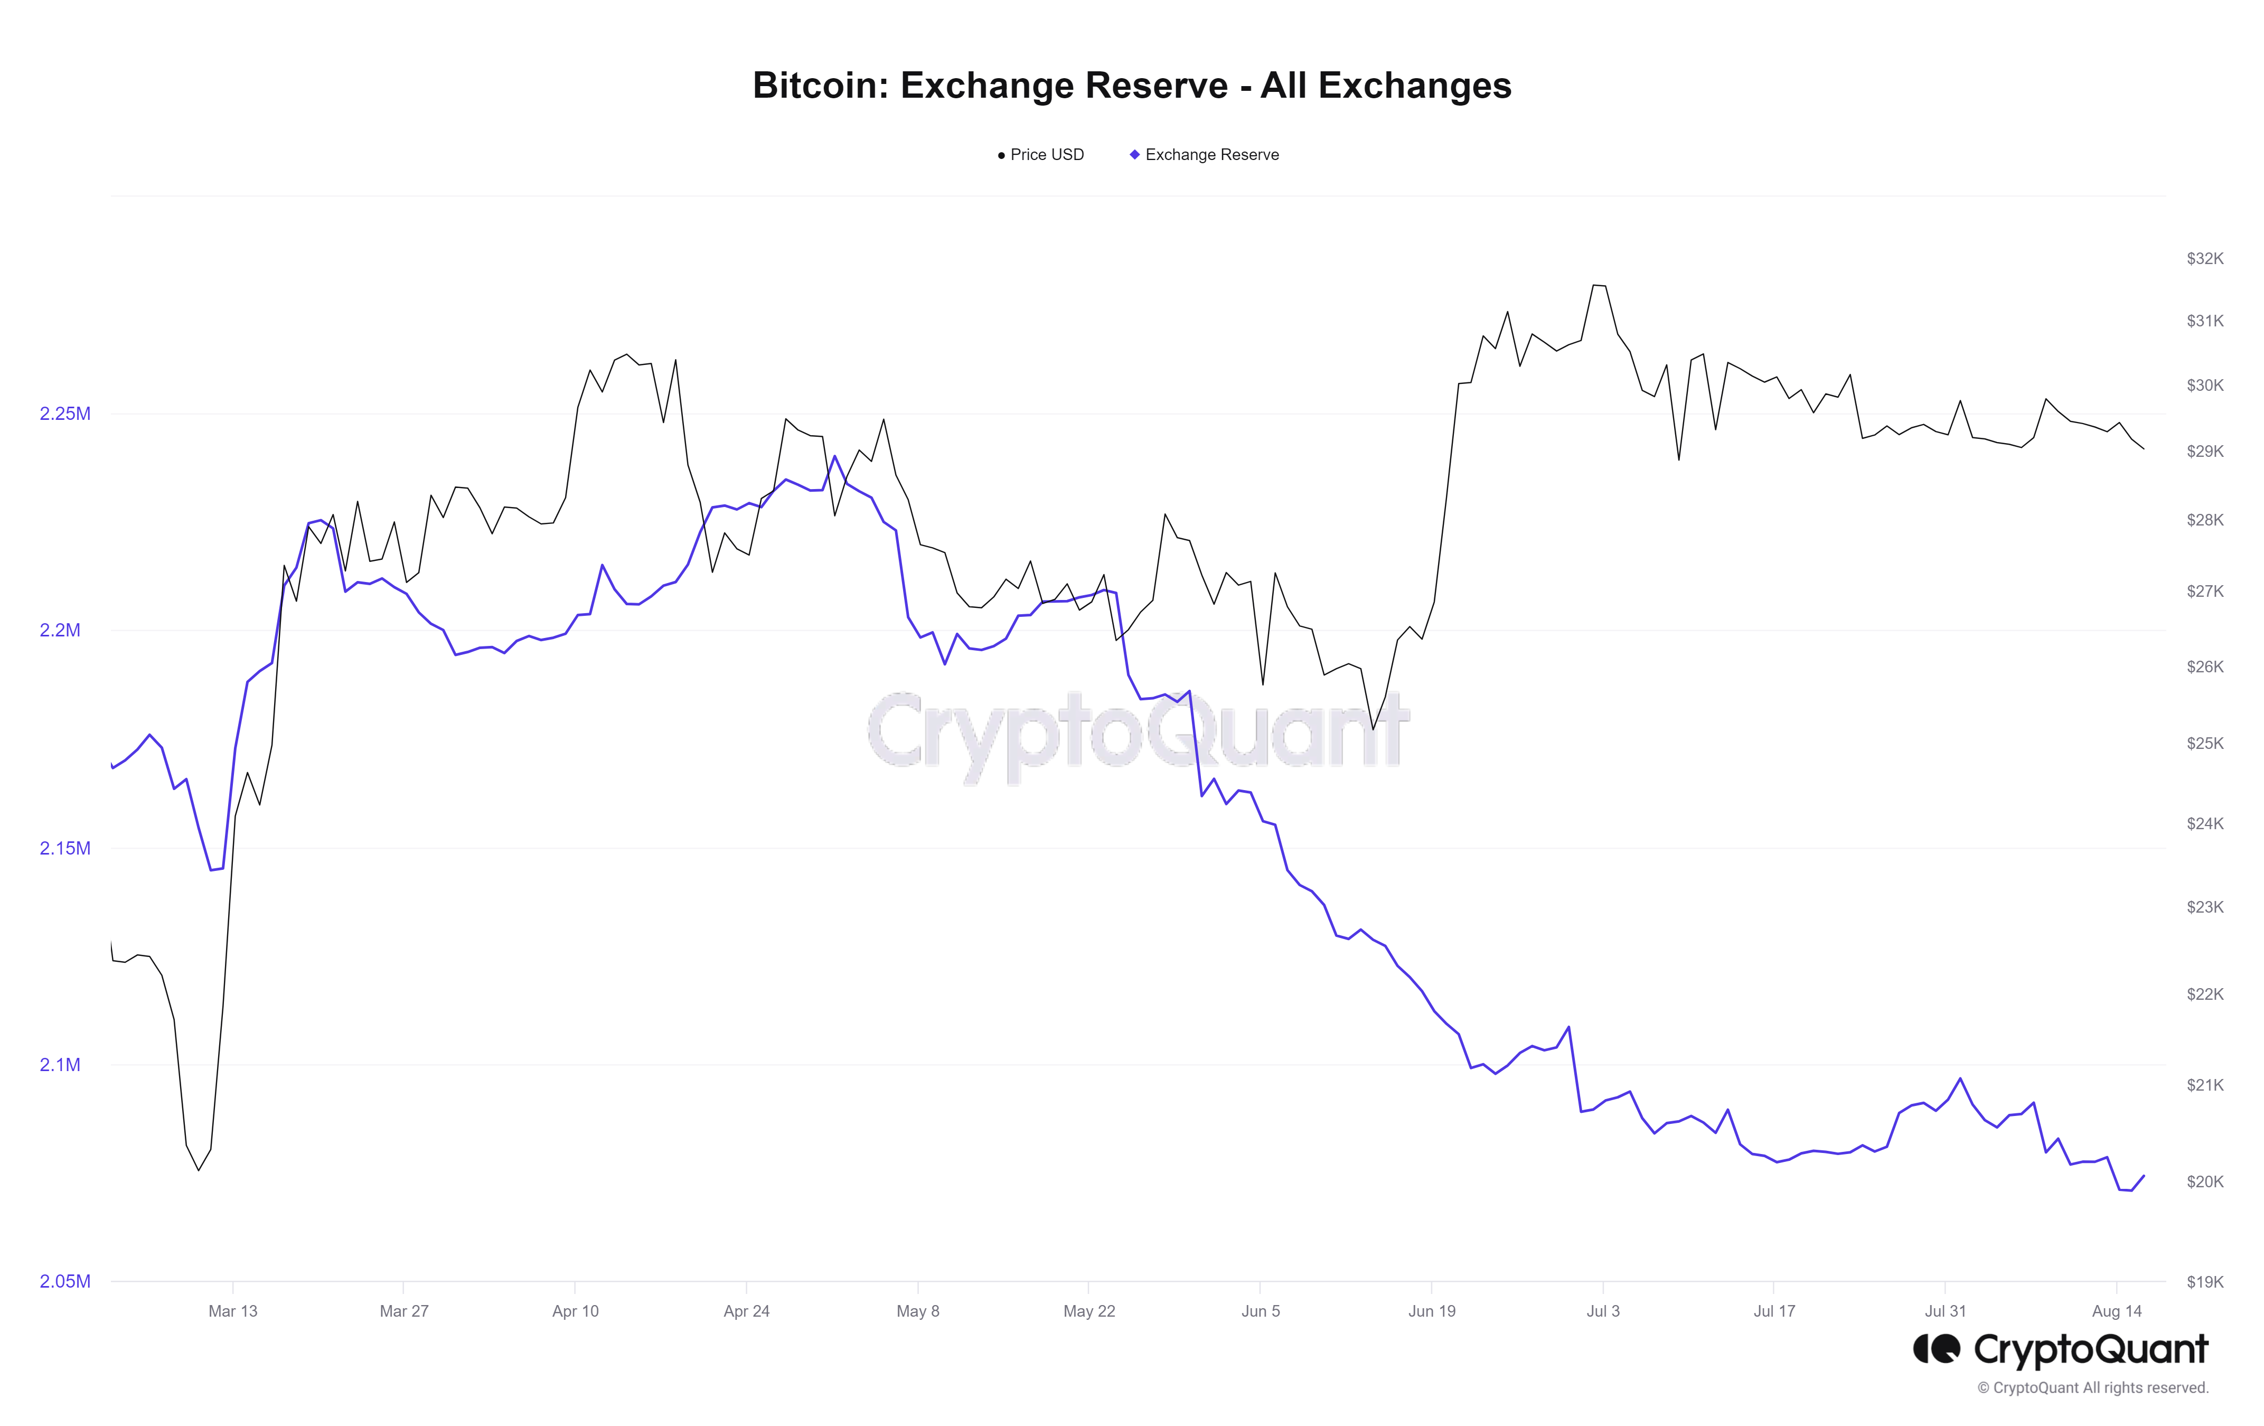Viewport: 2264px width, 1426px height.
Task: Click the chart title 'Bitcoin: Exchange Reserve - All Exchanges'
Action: point(1131,86)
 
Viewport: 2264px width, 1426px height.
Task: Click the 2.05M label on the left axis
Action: point(65,1281)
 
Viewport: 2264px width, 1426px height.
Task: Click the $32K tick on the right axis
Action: point(2205,258)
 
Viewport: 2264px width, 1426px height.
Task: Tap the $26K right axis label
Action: point(2205,667)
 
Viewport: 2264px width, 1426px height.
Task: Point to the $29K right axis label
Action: point(2205,451)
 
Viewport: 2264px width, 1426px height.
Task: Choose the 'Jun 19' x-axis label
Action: point(1431,1311)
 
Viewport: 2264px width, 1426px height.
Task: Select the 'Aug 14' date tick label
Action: point(2116,1311)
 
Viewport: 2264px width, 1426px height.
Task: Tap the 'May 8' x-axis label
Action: point(918,1311)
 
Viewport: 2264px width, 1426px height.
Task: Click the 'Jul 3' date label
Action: point(1603,1311)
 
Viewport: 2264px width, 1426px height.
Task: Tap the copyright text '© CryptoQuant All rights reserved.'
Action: point(2092,1387)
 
